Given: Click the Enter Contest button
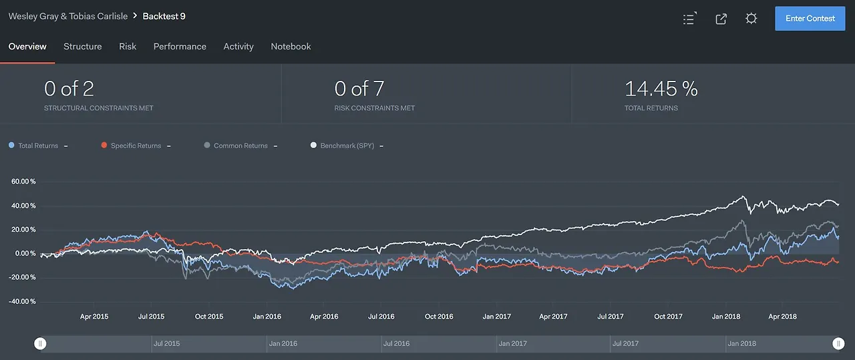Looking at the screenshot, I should [810, 19].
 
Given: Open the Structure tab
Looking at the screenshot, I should [83, 47].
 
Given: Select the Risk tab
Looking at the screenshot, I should [128, 47].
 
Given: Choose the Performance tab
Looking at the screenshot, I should [180, 47].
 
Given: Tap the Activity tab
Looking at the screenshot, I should [238, 47].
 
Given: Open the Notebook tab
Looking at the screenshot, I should [291, 47].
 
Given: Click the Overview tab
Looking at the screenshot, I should [27, 47].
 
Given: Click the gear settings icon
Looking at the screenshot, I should [751, 19].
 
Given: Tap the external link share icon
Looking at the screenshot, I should [721, 19].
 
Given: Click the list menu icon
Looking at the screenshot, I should [689, 19].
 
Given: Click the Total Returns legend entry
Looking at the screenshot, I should [37, 146].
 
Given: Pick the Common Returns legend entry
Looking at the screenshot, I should [240, 146].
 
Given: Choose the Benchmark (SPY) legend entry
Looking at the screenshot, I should [347, 146].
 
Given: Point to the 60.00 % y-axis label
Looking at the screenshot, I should [23, 182].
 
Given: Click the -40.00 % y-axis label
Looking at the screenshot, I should [23, 302].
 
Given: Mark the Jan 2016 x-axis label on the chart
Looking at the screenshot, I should [267, 317].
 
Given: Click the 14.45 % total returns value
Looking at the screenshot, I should [661, 89].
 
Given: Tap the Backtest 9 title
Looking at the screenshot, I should [164, 16].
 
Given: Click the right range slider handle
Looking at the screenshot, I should [838, 343].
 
